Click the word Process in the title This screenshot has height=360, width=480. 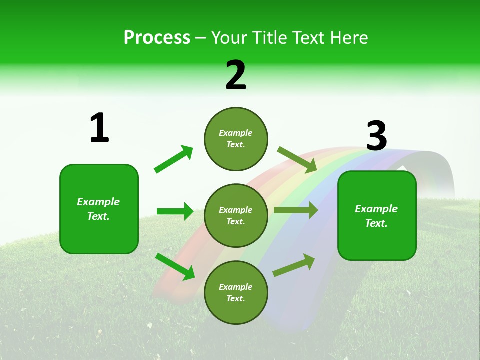coord(157,37)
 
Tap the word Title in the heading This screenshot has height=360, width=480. coord(269,37)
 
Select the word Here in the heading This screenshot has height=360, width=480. coord(348,37)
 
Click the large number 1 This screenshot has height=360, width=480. coord(99,128)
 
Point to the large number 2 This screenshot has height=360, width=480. coord(236,75)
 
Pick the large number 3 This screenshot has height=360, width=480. coord(376,136)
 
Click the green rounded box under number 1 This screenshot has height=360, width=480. coord(99,209)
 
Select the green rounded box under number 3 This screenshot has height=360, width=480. coord(377,215)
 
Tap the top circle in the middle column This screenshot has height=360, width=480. coord(236,139)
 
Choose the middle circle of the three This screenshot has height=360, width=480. coord(236,215)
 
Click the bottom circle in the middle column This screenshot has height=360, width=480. coord(236,292)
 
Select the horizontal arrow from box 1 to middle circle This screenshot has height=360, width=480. coord(175,211)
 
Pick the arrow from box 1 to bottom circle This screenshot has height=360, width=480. coord(175,266)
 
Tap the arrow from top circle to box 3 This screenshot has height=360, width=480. coord(297,160)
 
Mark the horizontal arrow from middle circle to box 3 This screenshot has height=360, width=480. coord(295,210)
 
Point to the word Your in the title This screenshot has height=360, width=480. coord(229,37)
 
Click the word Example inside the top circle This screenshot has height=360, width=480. coord(235,133)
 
